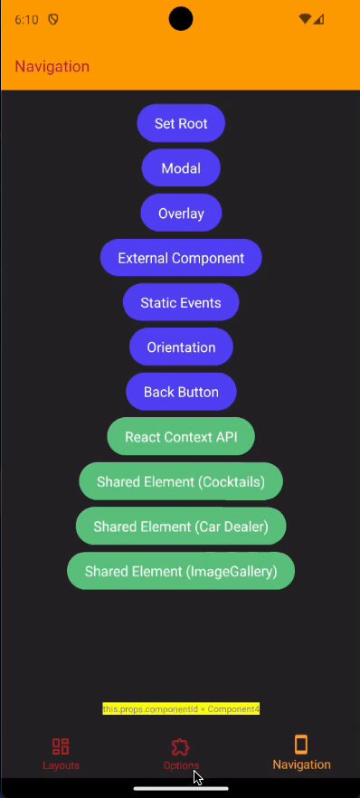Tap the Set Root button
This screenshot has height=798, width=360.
[x=181, y=123]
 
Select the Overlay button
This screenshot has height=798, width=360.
[x=181, y=213]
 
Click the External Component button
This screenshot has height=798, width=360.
[x=181, y=258]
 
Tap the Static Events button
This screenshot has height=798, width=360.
[x=181, y=302]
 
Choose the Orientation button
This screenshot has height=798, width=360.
[x=181, y=347]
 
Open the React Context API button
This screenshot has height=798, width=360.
[x=181, y=437]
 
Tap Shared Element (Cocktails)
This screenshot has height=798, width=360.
[x=181, y=481]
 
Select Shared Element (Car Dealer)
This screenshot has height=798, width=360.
[x=181, y=527]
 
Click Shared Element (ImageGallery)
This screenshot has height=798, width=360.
[x=181, y=571]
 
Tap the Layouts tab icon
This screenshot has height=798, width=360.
[x=61, y=746]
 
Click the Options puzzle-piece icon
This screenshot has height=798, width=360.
[x=181, y=746]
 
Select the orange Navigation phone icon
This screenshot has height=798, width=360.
[x=301, y=745]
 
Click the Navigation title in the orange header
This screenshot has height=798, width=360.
[x=52, y=66]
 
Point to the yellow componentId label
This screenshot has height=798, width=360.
[x=181, y=708]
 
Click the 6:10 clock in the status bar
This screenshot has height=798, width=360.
[x=26, y=20]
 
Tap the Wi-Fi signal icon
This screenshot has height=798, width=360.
[x=305, y=19]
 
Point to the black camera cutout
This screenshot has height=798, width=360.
[x=181, y=19]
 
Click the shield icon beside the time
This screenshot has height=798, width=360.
[x=52, y=19]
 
